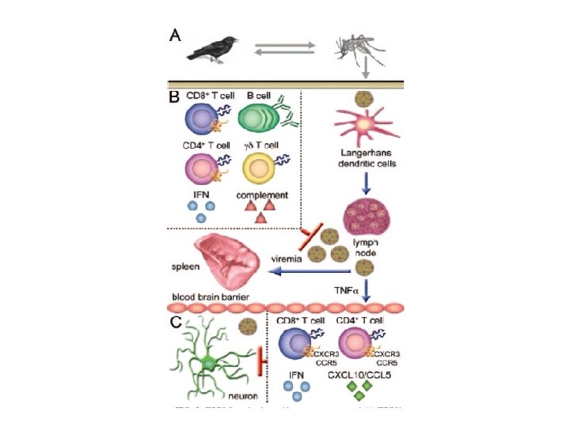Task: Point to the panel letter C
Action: [179, 323]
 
